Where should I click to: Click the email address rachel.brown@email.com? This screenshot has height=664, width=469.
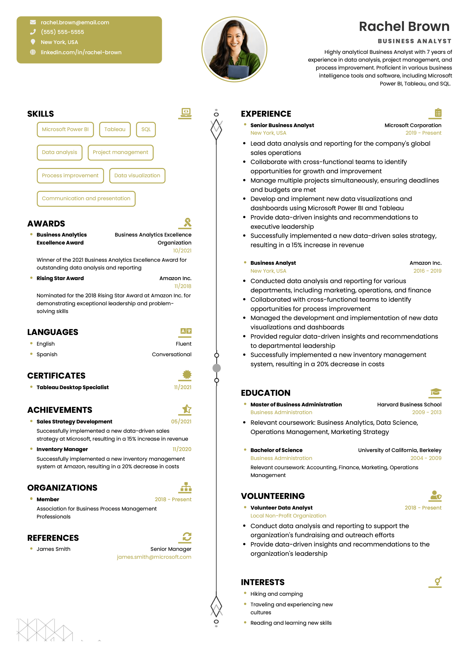(75, 22)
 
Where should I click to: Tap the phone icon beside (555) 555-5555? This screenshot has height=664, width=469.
(33, 32)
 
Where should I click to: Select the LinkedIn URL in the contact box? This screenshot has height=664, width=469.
(81, 52)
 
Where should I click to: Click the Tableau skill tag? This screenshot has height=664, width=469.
(115, 129)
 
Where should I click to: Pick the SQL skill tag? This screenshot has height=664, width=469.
(146, 129)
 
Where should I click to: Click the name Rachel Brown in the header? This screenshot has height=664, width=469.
(404, 27)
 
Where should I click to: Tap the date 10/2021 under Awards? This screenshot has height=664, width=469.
(182, 250)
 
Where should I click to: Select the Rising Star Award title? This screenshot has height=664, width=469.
(60, 278)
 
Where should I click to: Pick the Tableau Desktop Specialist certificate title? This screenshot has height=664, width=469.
(72, 387)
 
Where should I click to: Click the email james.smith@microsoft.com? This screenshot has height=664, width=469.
(154, 557)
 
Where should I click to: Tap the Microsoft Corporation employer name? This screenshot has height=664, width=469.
(413, 125)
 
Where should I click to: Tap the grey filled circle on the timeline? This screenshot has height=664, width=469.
(217, 368)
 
